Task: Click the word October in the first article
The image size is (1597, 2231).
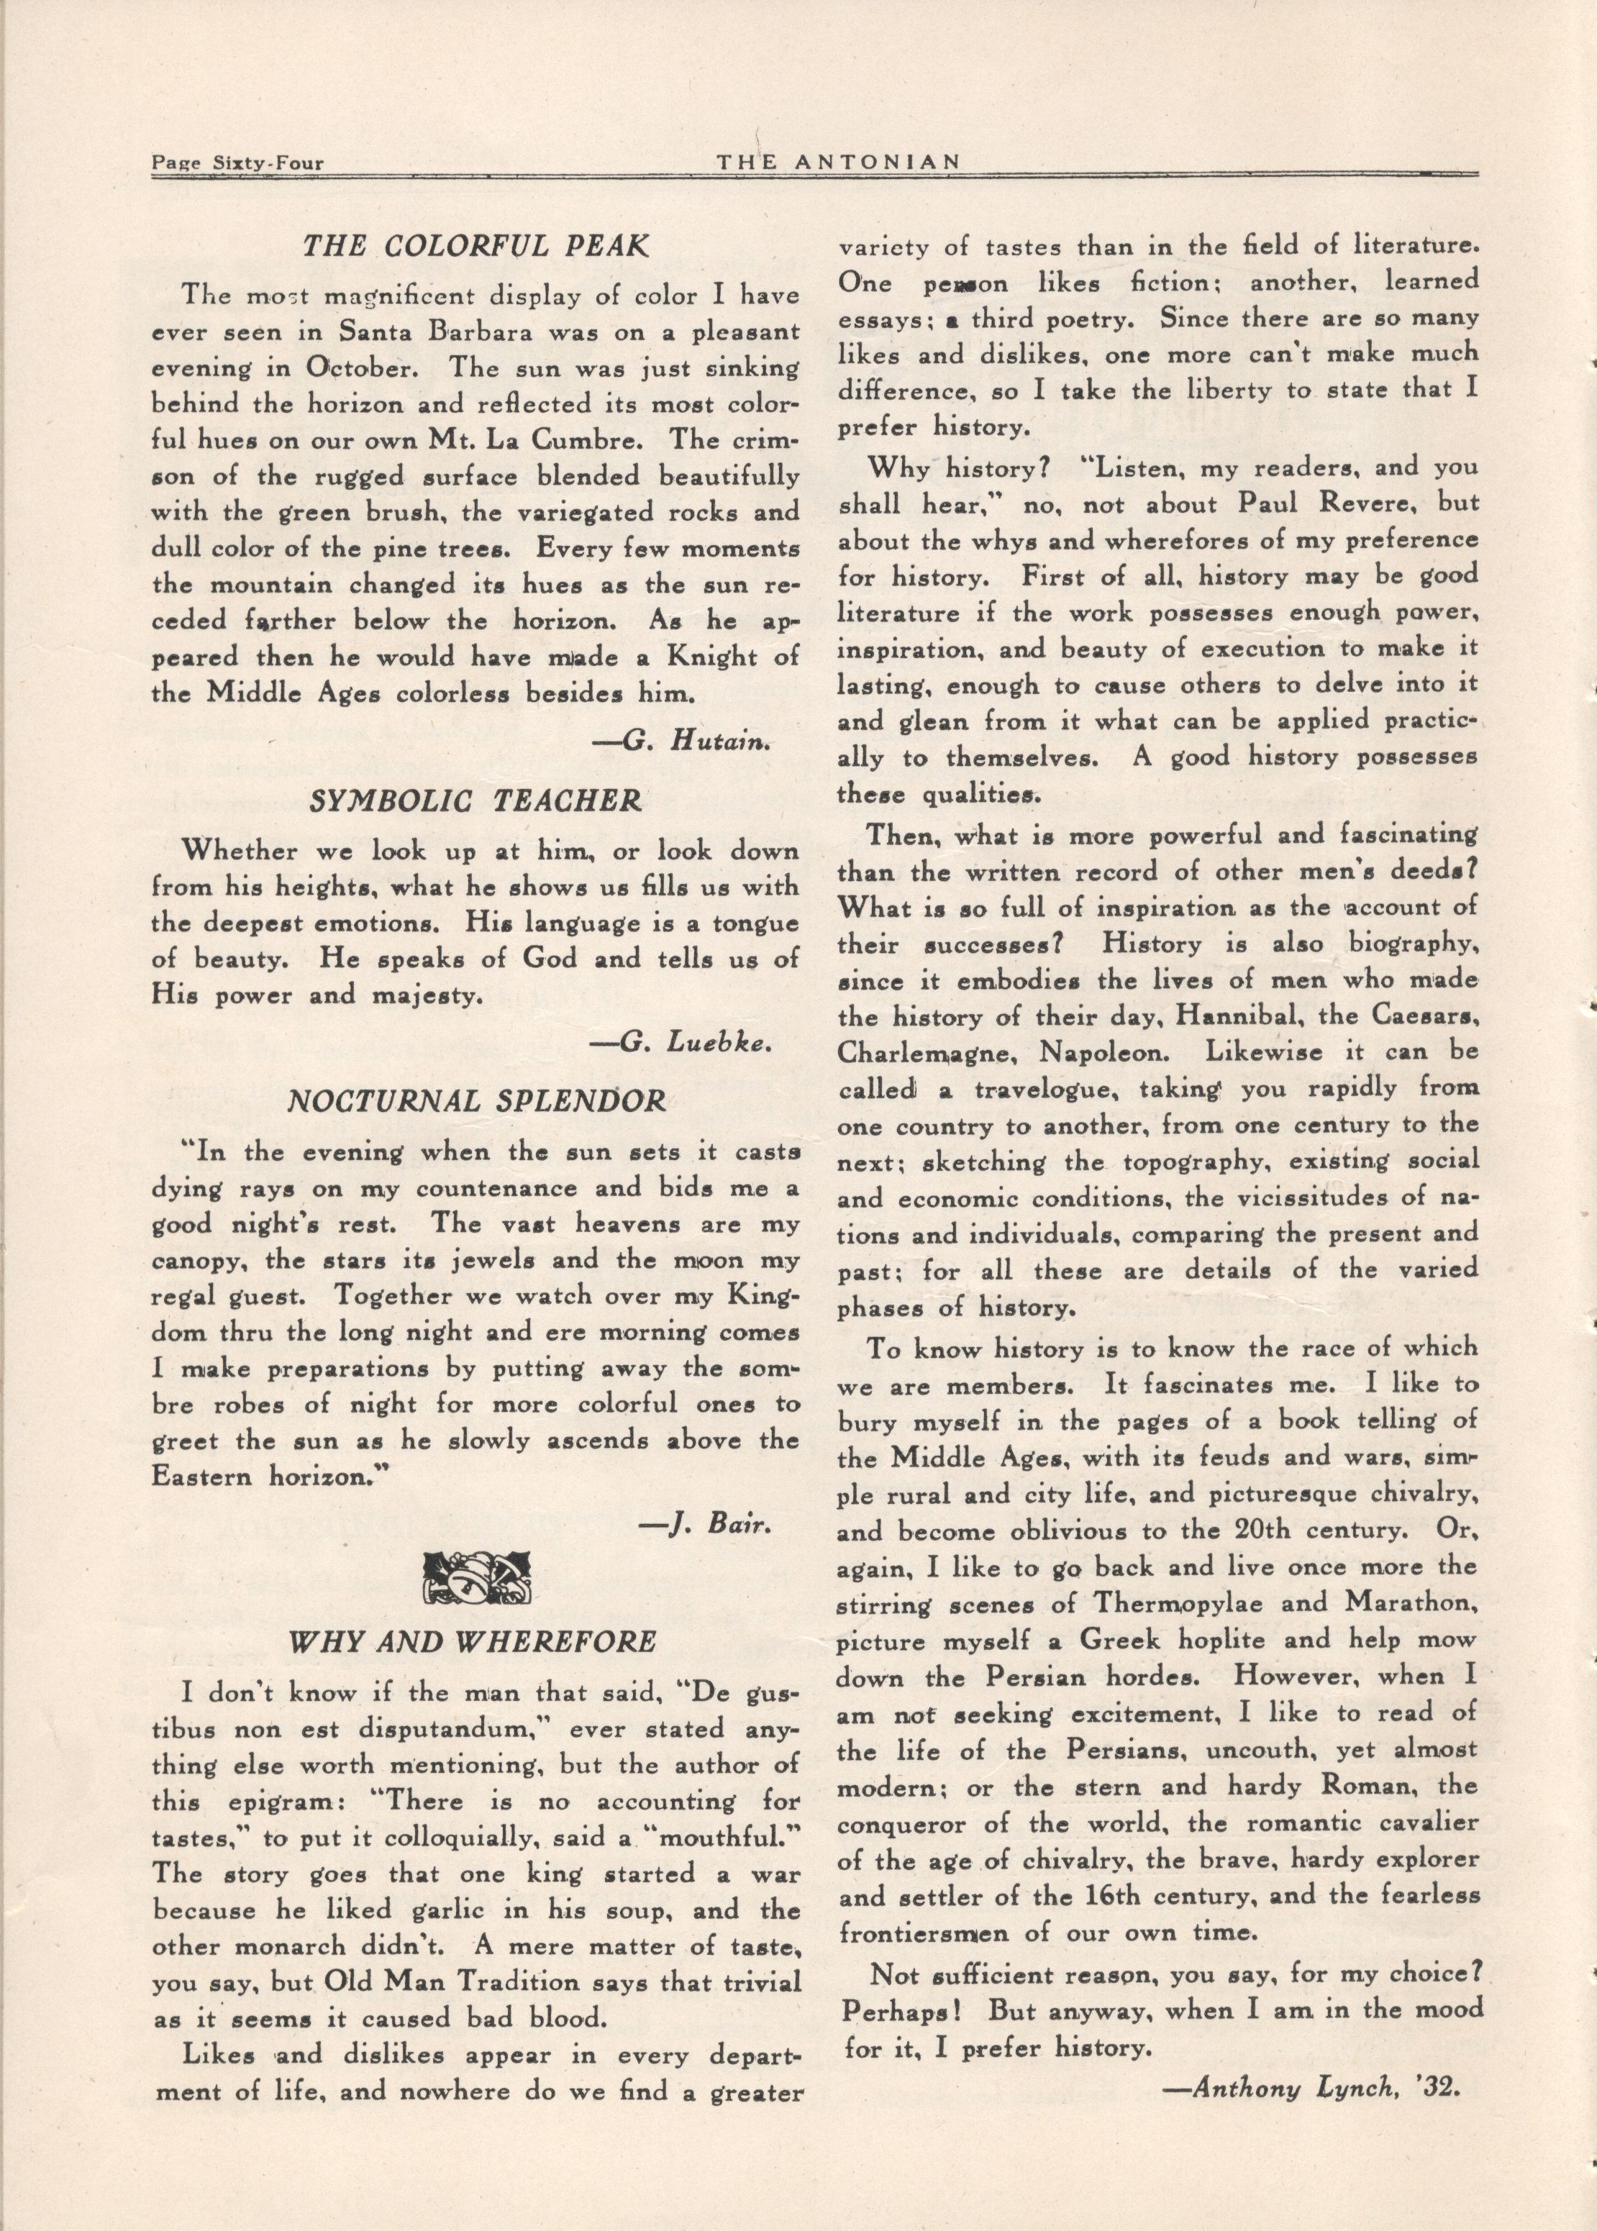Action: coord(349,369)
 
